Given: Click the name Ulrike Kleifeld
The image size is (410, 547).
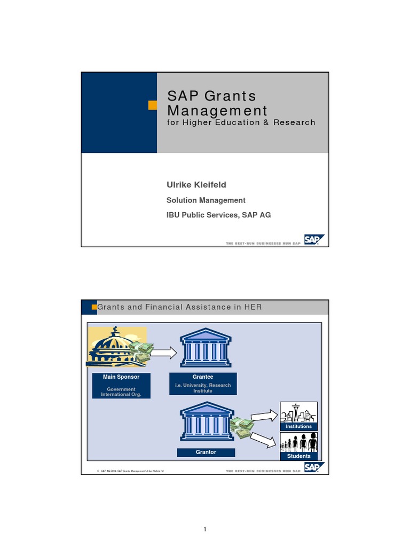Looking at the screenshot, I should pos(197,185).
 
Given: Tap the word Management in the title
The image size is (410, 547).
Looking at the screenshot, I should pos(217,111).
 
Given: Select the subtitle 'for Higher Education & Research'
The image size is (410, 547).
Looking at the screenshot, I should pos(241,122).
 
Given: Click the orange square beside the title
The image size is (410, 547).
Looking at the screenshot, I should pos(153,105).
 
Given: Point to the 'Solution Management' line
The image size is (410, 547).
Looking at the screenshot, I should pos(206,200).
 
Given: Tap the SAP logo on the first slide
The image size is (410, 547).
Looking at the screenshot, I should pos(314,240).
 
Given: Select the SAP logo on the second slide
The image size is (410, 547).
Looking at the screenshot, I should pos(314,468).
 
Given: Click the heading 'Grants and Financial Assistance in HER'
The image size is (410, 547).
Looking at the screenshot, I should pos(179,307).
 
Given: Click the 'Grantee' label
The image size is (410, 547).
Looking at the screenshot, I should pos(202,377).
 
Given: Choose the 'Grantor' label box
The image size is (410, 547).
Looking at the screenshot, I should pos(206,452).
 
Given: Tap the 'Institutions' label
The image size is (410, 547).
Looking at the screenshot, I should pos(298,426).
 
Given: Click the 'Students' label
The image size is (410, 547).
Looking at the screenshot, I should pos(298,456).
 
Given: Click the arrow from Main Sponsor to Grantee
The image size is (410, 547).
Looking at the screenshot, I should pos(163,353).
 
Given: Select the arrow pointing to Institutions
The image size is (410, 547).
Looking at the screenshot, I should pos(265,415).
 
